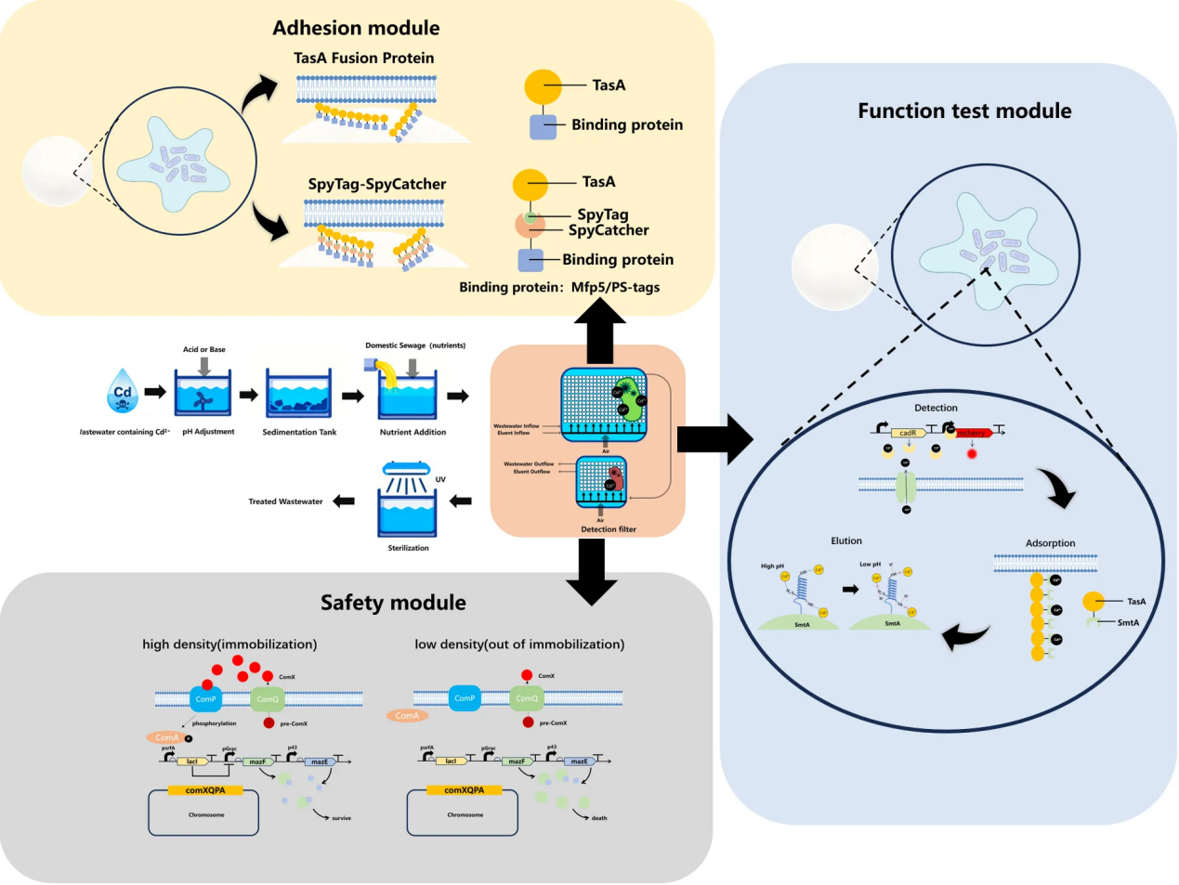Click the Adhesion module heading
click(x=356, y=28)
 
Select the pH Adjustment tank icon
click(x=203, y=394)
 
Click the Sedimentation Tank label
click(x=299, y=432)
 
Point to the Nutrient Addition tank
click(x=408, y=395)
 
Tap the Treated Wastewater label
click(x=285, y=501)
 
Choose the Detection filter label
click(x=609, y=529)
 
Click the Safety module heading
click(x=393, y=603)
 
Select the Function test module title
click(x=964, y=111)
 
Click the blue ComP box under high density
click(x=205, y=699)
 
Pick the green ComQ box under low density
click(x=527, y=698)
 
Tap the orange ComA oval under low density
click(x=407, y=716)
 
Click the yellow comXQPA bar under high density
click(x=205, y=790)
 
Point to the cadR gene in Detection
click(x=908, y=433)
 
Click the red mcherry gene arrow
click(x=974, y=433)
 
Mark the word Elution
click(x=846, y=540)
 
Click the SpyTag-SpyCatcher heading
click(x=377, y=184)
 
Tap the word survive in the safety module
click(x=342, y=818)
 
